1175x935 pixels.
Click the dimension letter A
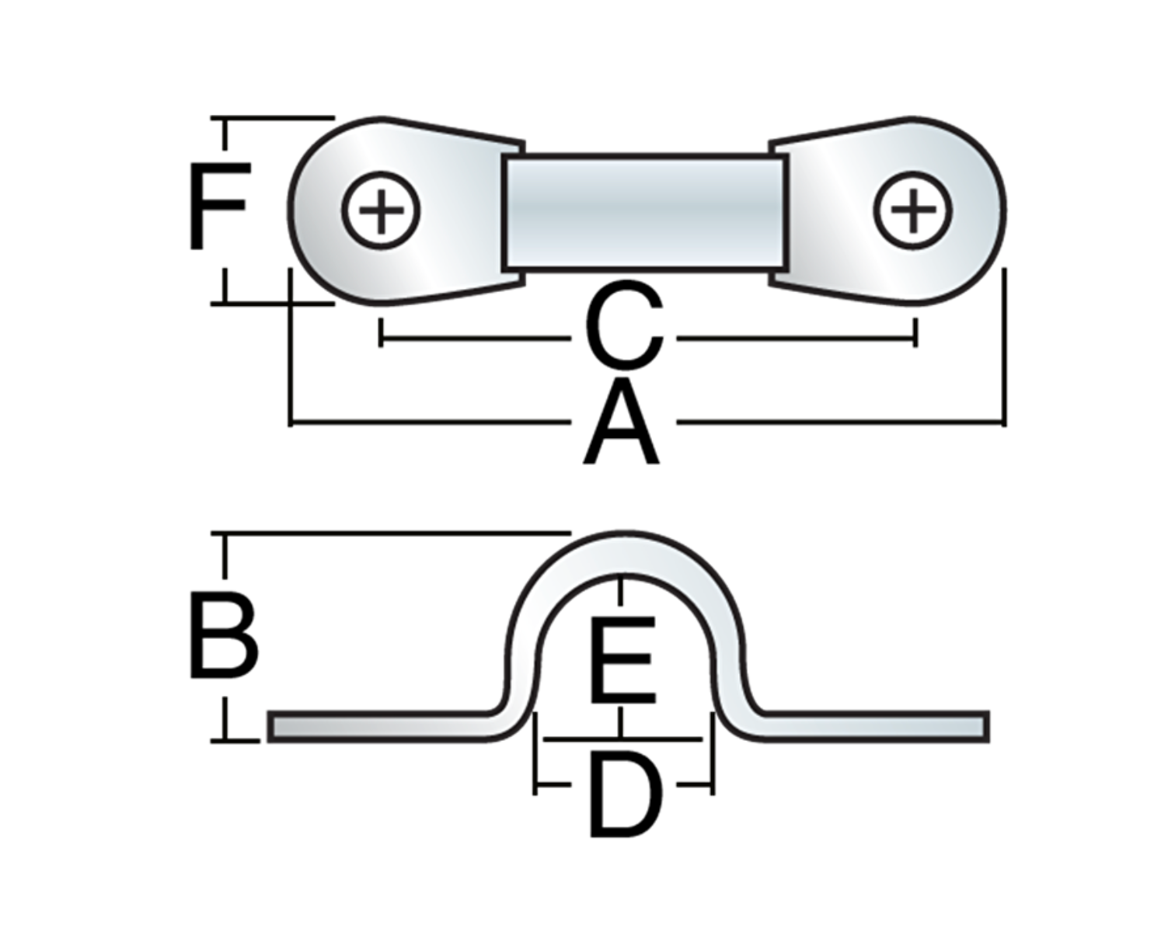622,428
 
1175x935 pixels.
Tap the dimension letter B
223,636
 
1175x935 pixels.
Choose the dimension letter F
218,206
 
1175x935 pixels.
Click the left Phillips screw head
381,210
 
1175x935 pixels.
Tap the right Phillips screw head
912,210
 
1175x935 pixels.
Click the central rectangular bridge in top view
645,212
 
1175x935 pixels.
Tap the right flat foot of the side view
870,726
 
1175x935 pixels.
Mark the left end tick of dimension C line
380,332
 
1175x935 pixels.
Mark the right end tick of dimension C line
915,332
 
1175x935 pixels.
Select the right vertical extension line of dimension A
1004,349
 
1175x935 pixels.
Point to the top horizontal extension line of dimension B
389,534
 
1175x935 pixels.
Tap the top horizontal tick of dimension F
272,118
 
